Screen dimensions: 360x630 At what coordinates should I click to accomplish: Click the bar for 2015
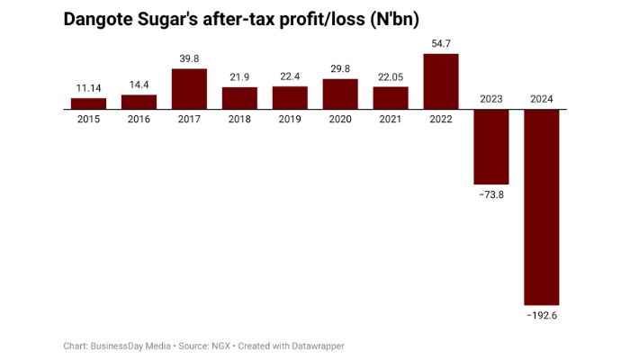(89, 103)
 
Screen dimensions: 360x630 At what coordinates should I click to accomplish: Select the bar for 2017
(190, 88)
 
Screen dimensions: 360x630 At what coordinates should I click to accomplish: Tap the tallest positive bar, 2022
(441, 81)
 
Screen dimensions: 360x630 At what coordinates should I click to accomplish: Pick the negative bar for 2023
(491, 147)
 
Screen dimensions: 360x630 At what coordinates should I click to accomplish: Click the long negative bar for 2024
(542, 207)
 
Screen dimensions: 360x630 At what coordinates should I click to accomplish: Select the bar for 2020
(340, 94)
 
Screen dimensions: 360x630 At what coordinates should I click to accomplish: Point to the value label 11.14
(89, 88)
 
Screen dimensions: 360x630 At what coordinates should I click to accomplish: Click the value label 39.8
(190, 59)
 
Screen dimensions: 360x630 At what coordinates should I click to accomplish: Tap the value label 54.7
(441, 44)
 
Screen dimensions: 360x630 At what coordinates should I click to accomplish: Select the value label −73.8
(491, 194)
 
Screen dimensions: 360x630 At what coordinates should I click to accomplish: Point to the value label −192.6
(542, 315)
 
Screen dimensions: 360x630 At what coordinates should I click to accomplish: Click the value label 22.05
(391, 77)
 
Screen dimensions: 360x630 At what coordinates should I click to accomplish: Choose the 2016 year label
(139, 119)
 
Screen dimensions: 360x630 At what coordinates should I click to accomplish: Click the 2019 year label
(290, 119)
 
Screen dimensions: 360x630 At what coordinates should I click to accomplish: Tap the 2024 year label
(542, 99)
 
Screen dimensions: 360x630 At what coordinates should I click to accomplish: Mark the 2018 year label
(239, 119)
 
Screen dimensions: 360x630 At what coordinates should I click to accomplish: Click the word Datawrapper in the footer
(314, 346)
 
